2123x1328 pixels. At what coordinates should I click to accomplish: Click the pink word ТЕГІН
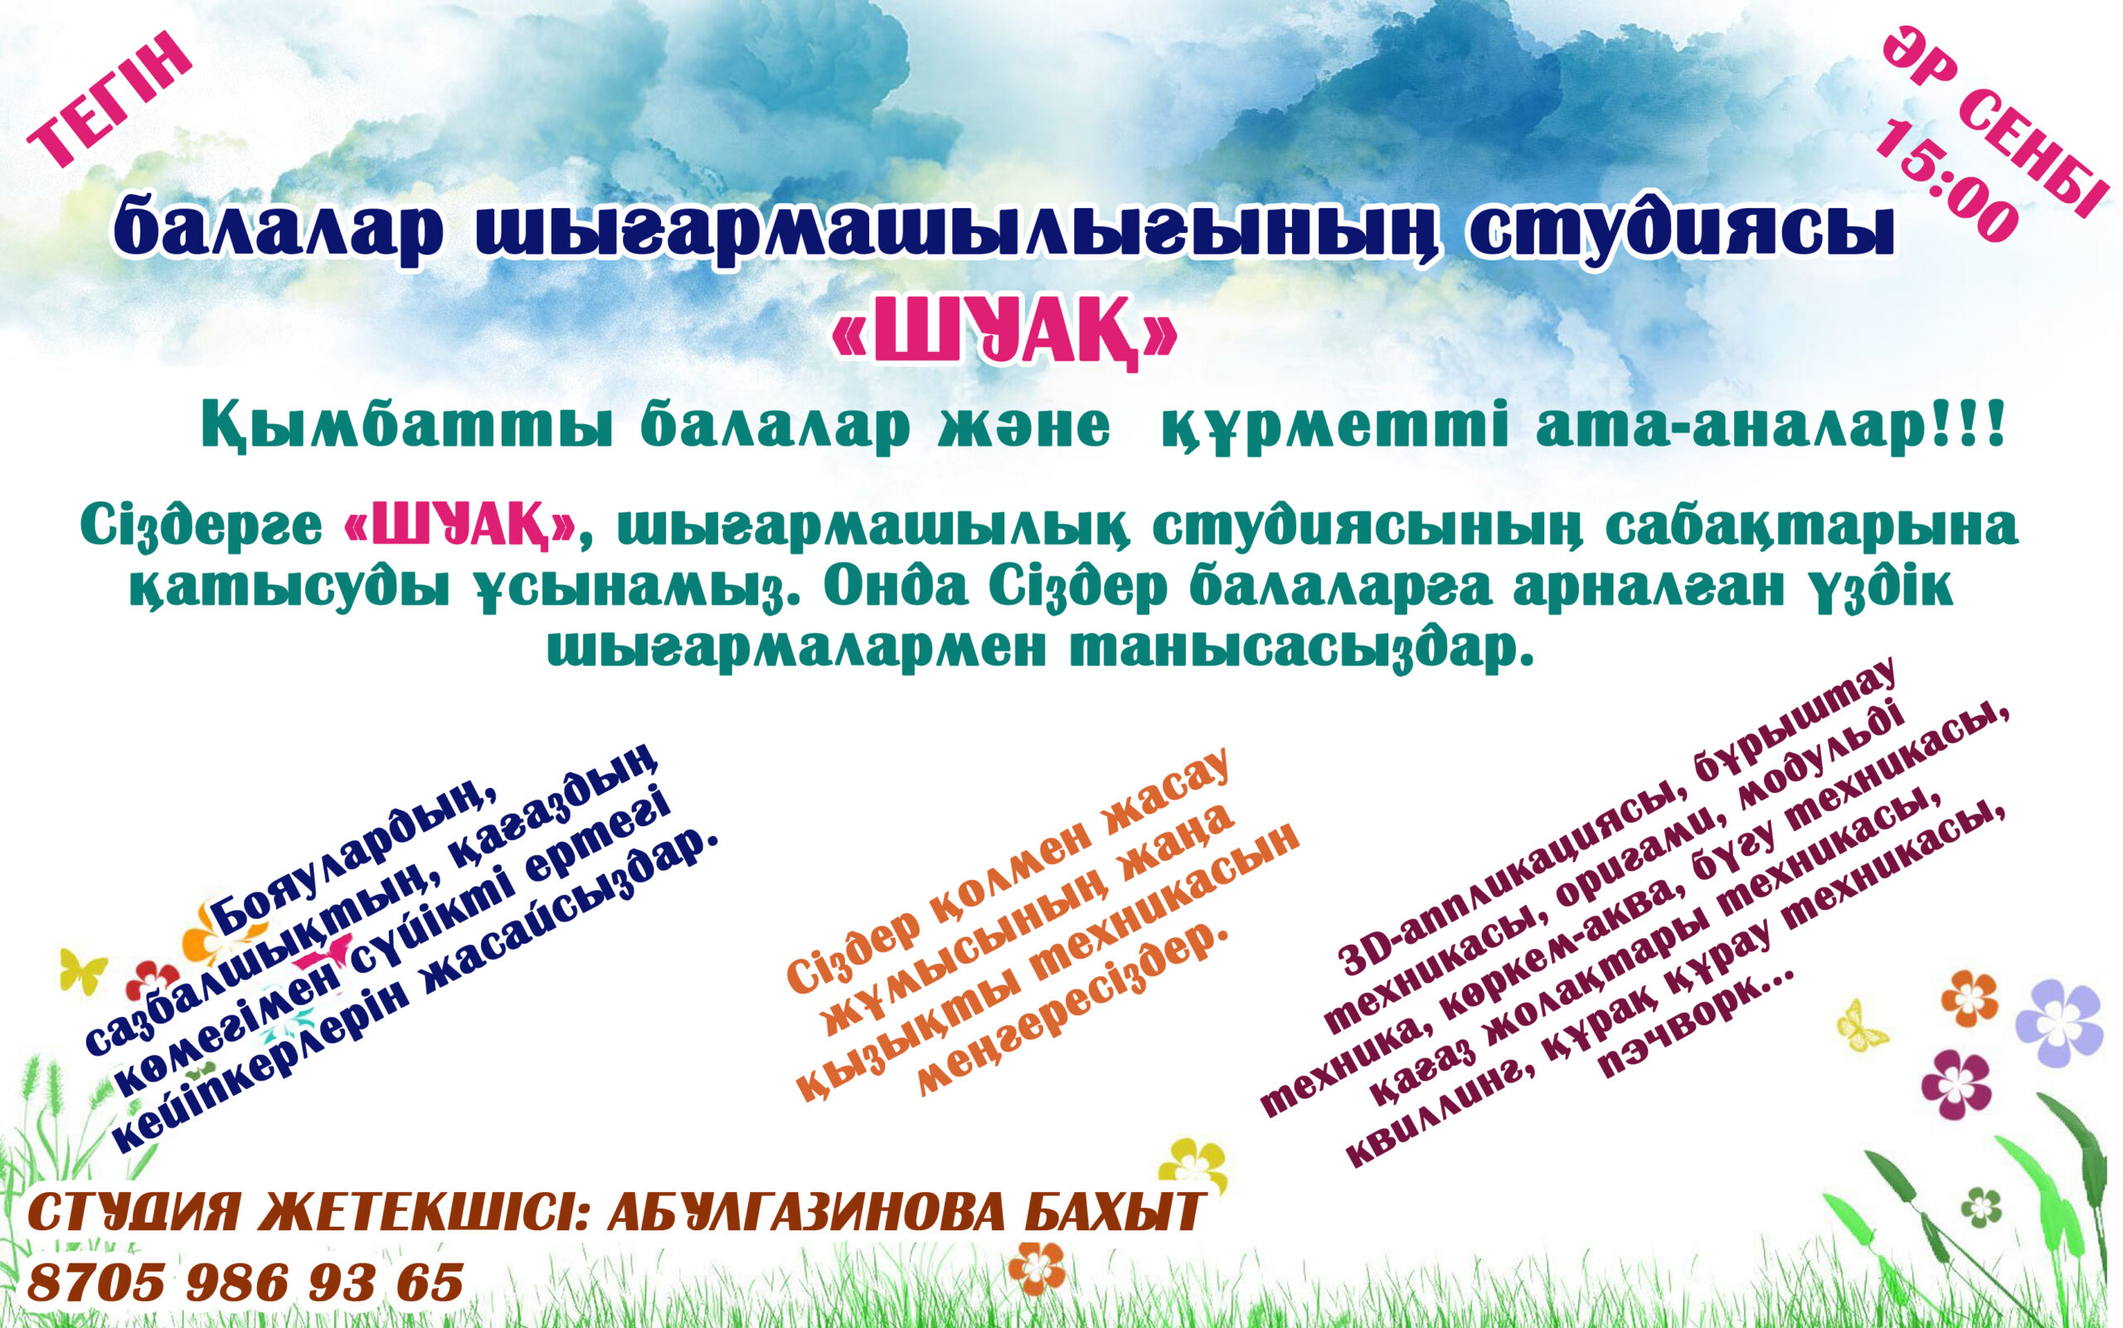coord(110,100)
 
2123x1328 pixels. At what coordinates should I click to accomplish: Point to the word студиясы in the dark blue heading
coord(1681,230)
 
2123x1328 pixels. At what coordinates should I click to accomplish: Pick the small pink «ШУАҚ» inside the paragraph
coord(461,527)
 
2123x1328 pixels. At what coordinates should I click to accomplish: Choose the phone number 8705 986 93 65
coord(245,1282)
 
